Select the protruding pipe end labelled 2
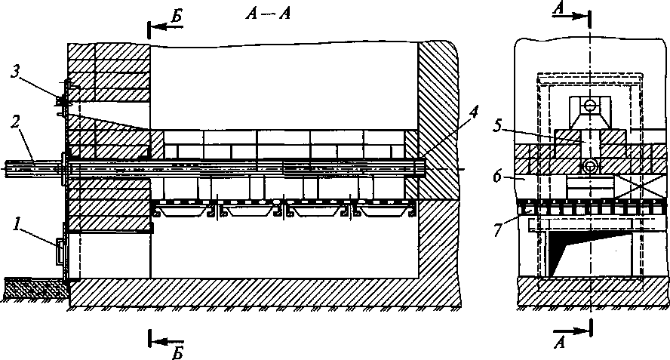(x=30, y=167)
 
